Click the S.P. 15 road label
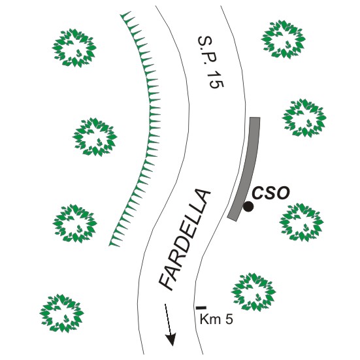click(x=210, y=62)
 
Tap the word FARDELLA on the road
click(x=184, y=240)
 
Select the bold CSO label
click(x=270, y=193)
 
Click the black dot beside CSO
click(x=248, y=206)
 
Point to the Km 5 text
click(x=216, y=319)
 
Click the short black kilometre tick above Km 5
click(x=201, y=308)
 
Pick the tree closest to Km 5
click(x=254, y=292)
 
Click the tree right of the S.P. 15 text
click(x=284, y=39)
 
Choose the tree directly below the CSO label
click(x=301, y=222)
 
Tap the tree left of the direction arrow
click(x=62, y=314)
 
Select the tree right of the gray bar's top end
click(x=304, y=118)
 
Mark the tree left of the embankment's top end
click(x=74, y=48)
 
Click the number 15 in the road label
click(x=216, y=81)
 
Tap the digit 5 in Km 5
click(x=229, y=319)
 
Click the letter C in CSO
click(x=258, y=193)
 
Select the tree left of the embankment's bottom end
click(x=75, y=223)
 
